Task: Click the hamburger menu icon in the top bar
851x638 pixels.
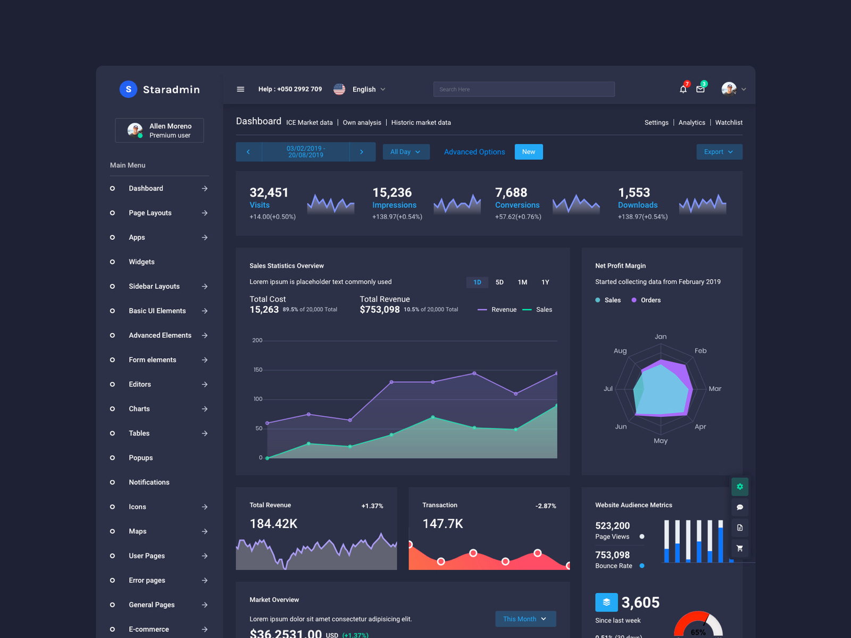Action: pyautogui.click(x=240, y=89)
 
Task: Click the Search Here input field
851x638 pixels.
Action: pyautogui.click(x=524, y=89)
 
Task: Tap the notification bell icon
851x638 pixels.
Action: pyautogui.click(x=683, y=89)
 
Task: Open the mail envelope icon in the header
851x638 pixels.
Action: pyautogui.click(x=700, y=89)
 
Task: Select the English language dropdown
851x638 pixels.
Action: pyautogui.click(x=367, y=89)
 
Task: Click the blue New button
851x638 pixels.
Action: pyautogui.click(x=529, y=152)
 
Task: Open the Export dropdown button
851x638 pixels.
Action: pyautogui.click(x=719, y=152)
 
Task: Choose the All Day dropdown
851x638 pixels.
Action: pyautogui.click(x=406, y=152)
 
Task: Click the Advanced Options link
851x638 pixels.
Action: pyautogui.click(x=474, y=152)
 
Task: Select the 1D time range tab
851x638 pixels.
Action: pyautogui.click(x=477, y=282)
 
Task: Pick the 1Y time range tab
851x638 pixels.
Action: pyautogui.click(x=545, y=282)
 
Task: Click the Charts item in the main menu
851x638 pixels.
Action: pyautogui.click(x=139, y=409)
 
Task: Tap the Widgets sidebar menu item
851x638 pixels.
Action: pyautogui.click(x=141, y=262)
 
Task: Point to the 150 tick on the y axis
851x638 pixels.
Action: pyautogui.click(x=257, y=370)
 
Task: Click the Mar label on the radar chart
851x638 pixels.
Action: pyautogui.click(x=715, y=389)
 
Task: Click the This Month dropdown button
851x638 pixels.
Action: pyautogui.click(x=525, y=619)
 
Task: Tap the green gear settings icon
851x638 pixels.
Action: pyautogui.click(x=740, y=486)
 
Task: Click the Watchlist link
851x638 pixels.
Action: pyautogui.click(x=729, y=123)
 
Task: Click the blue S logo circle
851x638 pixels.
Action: pyautogui.click(x=128, y=89)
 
